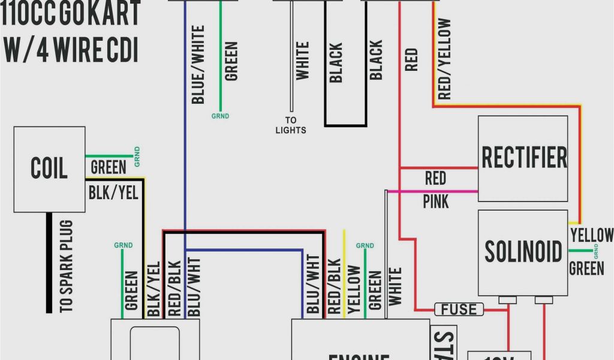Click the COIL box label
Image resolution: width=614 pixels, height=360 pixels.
[49, 169]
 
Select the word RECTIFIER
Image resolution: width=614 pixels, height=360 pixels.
[523, 157]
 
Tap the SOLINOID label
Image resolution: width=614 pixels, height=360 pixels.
[523, 252]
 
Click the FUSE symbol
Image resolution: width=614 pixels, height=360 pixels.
[459, 310]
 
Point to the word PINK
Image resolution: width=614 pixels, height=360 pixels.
[436, 201]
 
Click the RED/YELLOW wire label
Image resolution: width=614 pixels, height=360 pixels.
[444, 59]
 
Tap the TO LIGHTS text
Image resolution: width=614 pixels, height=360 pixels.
[291, 125]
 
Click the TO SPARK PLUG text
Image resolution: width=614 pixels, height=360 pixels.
[67, 266]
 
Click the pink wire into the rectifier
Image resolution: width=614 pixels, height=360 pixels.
[432, 191]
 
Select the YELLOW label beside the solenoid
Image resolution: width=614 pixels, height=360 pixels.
[592, 235]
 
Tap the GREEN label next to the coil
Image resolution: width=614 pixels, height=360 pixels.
[108, 167]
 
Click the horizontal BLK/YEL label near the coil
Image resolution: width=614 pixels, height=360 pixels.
[113, 192]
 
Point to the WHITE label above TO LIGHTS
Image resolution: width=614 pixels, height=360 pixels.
[302, 60]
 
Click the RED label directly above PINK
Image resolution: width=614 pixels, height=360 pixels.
[435, 178]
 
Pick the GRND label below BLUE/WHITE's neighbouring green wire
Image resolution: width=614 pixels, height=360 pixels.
[220, 116]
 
